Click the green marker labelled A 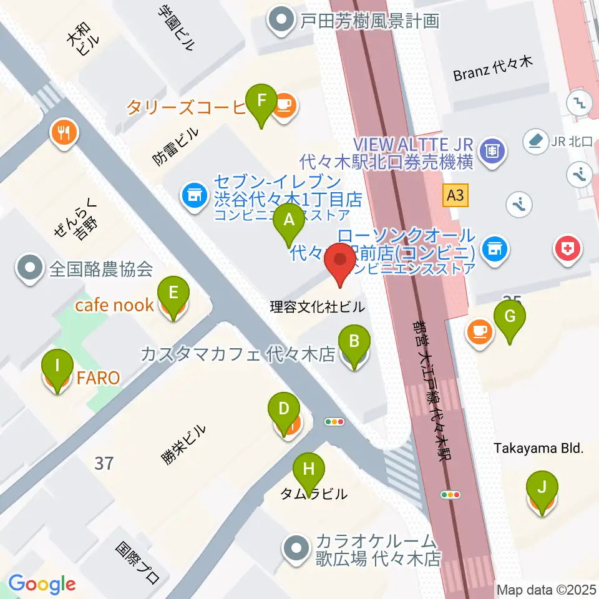[289, 220]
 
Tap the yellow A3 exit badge [455, 196]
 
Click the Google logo [42, 583]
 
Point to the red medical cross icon [568, 250]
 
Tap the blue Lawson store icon [495, 250]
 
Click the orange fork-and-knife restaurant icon [64, 132]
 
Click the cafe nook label [114, 305]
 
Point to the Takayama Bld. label [538, 448]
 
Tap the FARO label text [99, 377]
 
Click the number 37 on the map [105, 463]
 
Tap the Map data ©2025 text [547, 589]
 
